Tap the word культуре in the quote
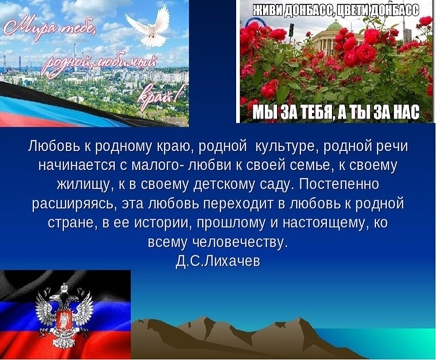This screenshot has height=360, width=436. coord(287,147)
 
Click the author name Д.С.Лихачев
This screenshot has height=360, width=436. coord(218,260)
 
